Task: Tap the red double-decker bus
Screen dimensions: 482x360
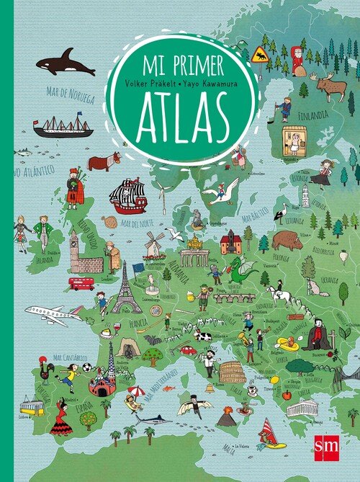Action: pyautogui.click(x=81, y=283)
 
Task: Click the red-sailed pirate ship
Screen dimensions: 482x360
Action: pyautogui.click(x=128, y=196)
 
